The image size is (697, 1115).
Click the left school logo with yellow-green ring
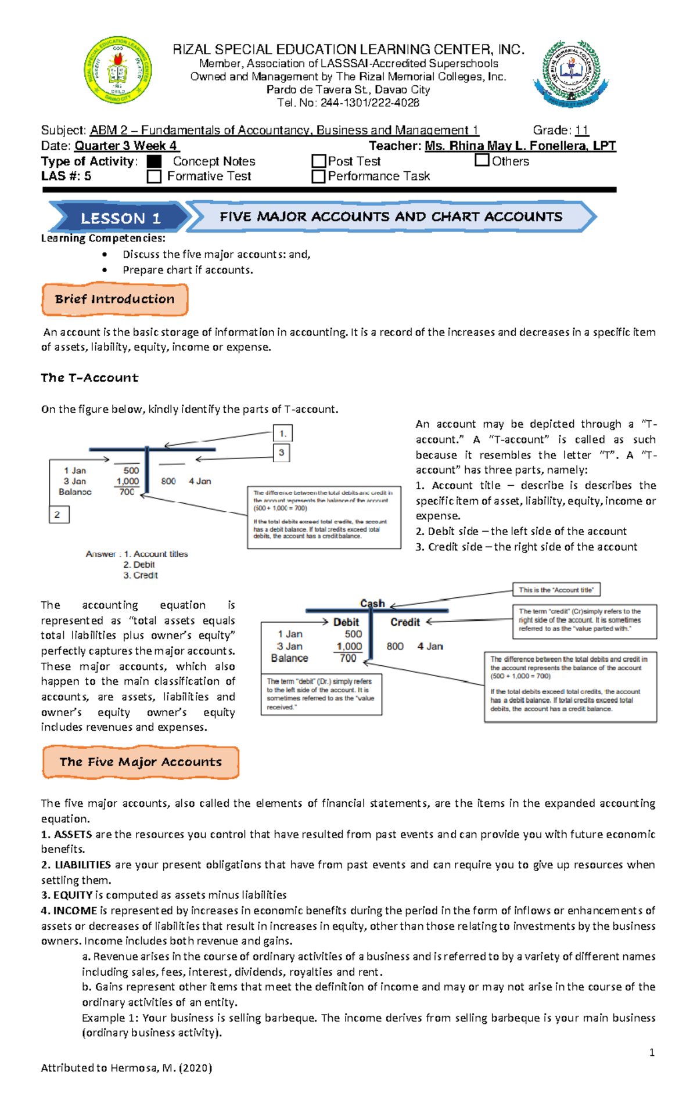click(x=118, y=70)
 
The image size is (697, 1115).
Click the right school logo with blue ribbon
click(x=572, y=74)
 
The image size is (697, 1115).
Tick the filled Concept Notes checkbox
click(x=154, y=161)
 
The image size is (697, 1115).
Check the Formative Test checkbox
click(x=154, y=176)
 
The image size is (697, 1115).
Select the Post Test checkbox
click(x=318, y=161)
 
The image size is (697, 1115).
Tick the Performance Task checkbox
click(x=318, y=176)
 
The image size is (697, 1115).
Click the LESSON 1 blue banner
click(x=120, y=218)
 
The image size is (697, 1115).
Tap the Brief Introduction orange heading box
click(x=115, y=300)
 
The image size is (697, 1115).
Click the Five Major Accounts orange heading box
click(x=141, y=762)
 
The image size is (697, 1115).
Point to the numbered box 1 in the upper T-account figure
click(x=282, y=433)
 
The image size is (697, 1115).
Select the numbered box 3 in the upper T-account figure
click(x=281, y=453)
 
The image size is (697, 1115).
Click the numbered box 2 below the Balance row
click(x=59, y=514)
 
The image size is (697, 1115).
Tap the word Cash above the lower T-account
click(x=372, y=603)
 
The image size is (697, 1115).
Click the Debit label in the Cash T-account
click(x=346, y=622)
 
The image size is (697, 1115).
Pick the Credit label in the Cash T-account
click(x=405, y=622)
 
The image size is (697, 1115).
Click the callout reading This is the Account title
click(x=556, y=590)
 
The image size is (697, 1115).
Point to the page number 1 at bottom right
click(x=652, y=1052)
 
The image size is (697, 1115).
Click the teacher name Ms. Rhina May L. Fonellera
click(x=520, y=146)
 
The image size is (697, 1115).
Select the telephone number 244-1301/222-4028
click(x=369, y=103)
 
